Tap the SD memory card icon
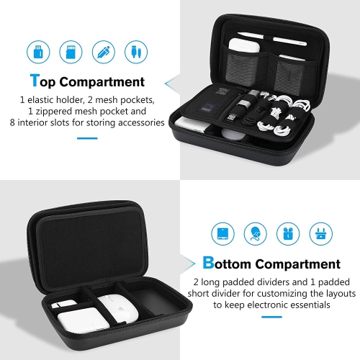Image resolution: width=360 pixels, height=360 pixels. (x=70, y=52)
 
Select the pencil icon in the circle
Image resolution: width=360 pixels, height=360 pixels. (x=102, y=52)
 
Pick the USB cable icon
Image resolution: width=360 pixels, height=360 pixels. (x=133, y=52)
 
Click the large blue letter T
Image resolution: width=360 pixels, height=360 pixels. (x=34, y=82)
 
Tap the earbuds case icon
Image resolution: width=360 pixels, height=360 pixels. (x=287, y=232)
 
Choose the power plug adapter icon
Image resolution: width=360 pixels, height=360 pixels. (x=319, y=232)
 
